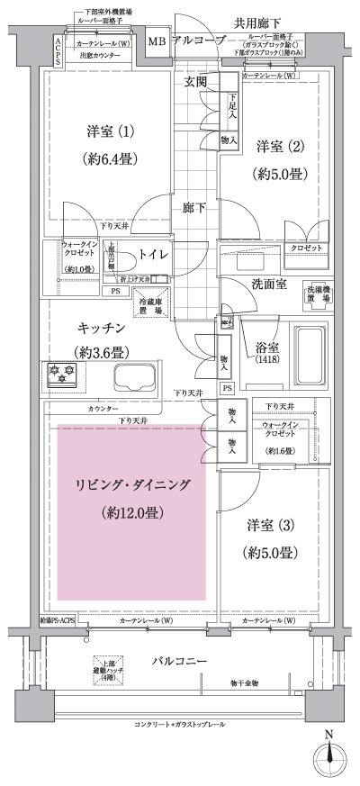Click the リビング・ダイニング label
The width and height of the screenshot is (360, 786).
(131, 486)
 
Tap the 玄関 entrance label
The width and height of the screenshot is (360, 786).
(196, 82)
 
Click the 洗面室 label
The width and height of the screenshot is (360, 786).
(269, 285)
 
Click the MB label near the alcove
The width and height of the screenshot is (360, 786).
(157, 41)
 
